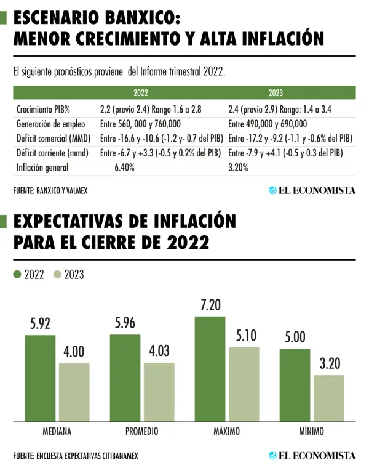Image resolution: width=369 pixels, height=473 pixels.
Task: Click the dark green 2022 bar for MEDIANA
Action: [40, 378]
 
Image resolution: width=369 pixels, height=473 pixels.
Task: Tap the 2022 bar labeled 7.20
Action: [210, 369]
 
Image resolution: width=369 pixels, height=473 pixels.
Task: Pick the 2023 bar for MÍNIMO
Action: [329, 398]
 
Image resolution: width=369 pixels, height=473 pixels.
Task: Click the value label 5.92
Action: [40, 325]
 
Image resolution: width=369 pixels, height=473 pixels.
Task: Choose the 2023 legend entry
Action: [68, 275]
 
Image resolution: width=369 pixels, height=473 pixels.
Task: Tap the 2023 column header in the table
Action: [275, 94]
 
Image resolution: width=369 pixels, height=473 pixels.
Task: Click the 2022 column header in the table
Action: [140, 94]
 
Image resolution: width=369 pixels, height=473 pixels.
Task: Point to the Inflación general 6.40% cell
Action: [124, 167]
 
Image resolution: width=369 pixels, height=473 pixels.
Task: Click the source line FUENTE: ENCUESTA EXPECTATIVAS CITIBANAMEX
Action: [76, 456]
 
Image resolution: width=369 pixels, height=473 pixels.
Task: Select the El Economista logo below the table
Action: [312, 190]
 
